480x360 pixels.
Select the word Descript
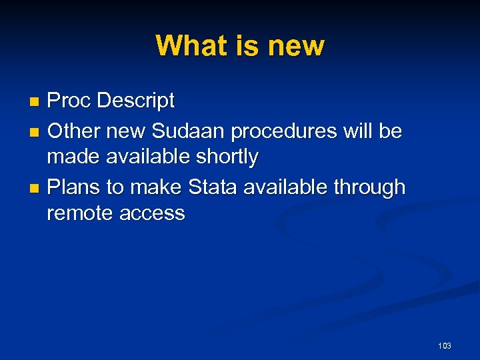point(136,101)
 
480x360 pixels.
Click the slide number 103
point(445,345)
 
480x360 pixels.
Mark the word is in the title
point(247,46)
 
